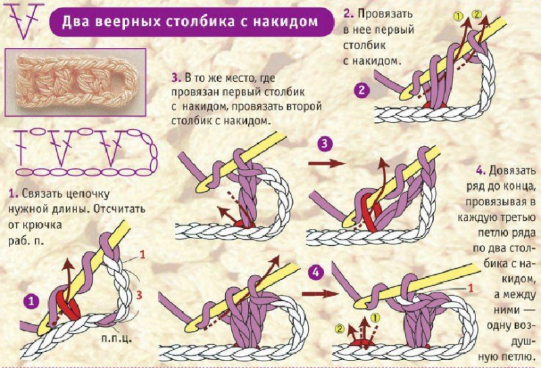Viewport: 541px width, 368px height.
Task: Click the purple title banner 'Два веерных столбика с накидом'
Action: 191,21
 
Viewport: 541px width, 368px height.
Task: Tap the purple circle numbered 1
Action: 30,300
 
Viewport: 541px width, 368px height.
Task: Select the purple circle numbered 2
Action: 362,88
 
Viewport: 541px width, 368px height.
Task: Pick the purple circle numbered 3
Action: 325,144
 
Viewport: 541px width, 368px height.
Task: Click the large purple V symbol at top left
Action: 24,20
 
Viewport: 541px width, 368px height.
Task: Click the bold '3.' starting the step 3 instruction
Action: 176,76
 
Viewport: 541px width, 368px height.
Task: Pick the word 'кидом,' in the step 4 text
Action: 518,278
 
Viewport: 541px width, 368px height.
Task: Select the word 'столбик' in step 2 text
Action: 369,46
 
